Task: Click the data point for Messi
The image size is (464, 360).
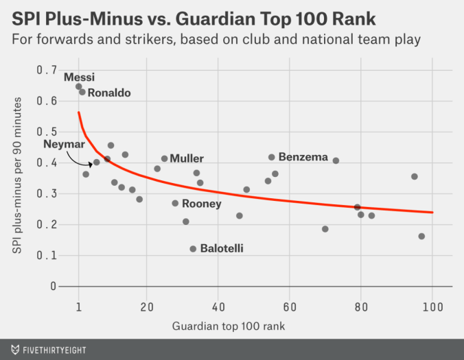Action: click(79, 87)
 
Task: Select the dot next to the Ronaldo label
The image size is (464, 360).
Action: click(82, 92)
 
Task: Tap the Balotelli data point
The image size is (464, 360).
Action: click(193, 249)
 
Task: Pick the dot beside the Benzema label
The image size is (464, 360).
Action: click(271, 158)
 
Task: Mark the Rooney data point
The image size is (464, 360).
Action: click(175, 204)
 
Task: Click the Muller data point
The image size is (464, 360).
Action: click(165, 159)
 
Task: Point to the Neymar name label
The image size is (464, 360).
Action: click(64, 144)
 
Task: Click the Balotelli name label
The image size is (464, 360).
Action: click(222, 248)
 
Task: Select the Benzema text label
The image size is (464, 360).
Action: click(303, 157)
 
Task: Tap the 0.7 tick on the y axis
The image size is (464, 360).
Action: click(47, 70)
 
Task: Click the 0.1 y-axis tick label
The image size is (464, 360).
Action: click(47, 256)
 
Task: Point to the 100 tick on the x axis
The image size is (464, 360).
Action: click(432, 307)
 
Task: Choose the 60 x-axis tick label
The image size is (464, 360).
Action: click(290, 307)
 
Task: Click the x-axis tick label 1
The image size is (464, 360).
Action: click(79, 307)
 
